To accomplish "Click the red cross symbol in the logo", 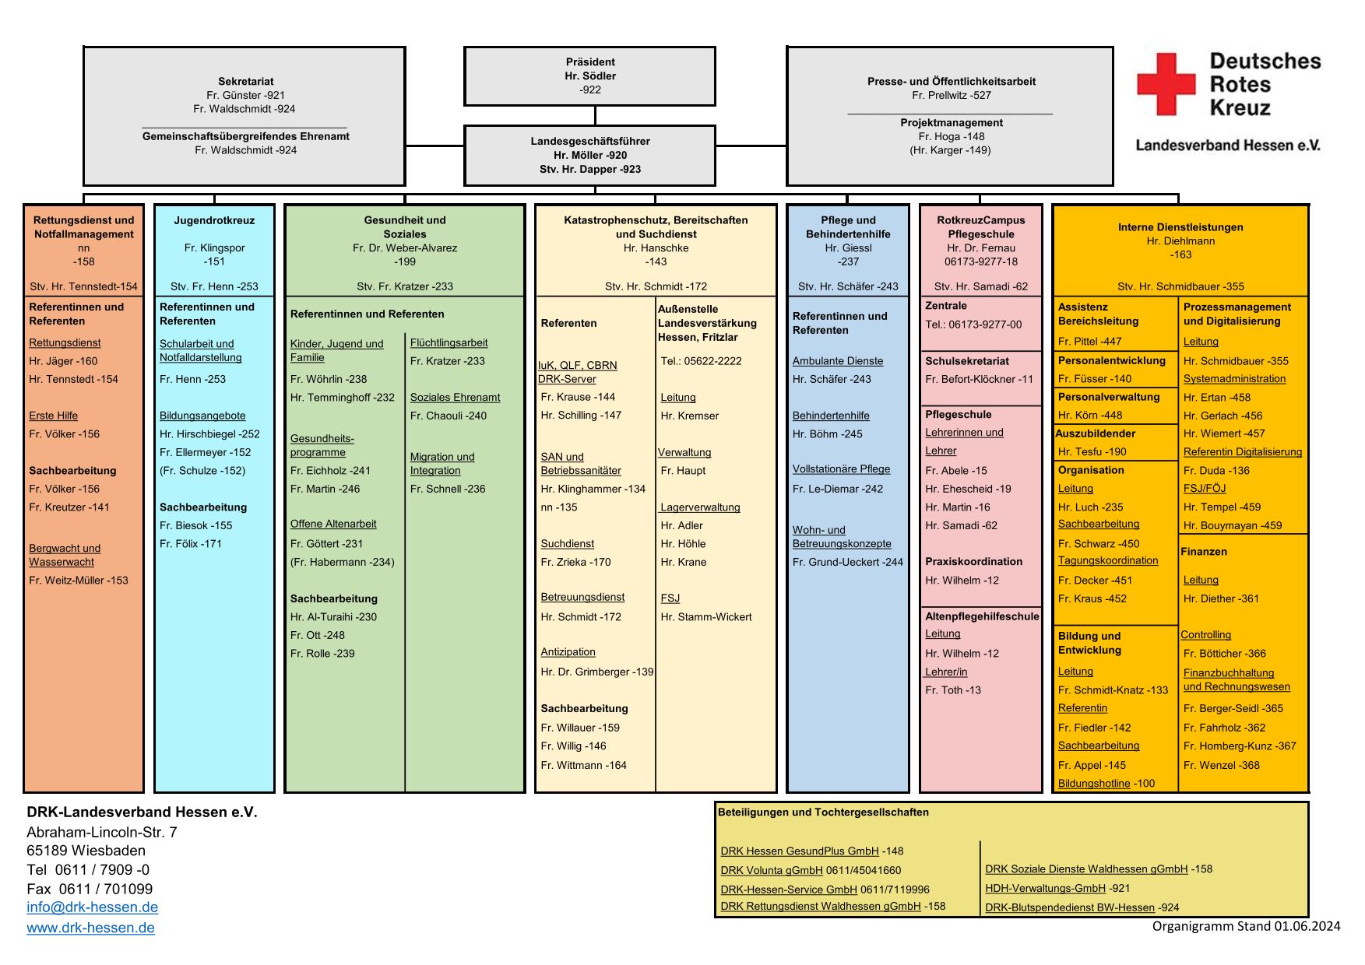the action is (1166, 84).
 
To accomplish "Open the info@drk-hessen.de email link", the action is (92, 907).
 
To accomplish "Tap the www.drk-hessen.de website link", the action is (90, 928).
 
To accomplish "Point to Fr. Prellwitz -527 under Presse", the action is (952, 95).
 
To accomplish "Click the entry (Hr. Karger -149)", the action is (950, 150).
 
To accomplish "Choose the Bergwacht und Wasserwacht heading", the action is (65, 555).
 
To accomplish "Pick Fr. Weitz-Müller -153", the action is (79, 581).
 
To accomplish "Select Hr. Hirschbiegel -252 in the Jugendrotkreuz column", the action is (209, 434).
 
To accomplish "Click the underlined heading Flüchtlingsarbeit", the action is (449, 342).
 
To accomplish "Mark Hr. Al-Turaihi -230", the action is (333, 617).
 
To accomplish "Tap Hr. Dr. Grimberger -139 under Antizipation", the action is (597, 672).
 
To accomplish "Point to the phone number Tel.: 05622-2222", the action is (701, 361).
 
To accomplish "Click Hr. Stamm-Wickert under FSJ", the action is (706, 617).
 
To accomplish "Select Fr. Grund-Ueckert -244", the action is (848, 562).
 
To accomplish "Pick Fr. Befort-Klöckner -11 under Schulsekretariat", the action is (979, 379).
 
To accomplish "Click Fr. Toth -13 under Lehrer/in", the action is (953, 690).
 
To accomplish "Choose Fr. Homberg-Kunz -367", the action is (1240, 746).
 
